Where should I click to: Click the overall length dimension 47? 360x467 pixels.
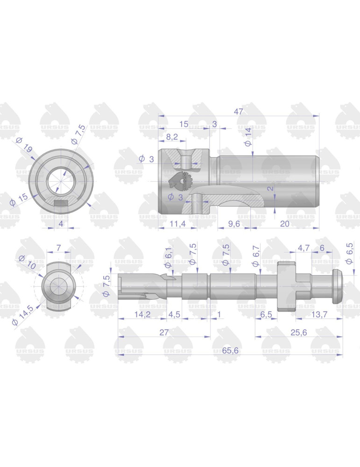[x=239, y=111]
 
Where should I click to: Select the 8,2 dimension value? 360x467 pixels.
[x=172, y=137]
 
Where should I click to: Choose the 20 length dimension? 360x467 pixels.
[x=284, y=224]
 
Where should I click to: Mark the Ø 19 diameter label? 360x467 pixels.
[x=24, y=145]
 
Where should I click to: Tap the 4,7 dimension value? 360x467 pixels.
[x=304, y=248]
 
